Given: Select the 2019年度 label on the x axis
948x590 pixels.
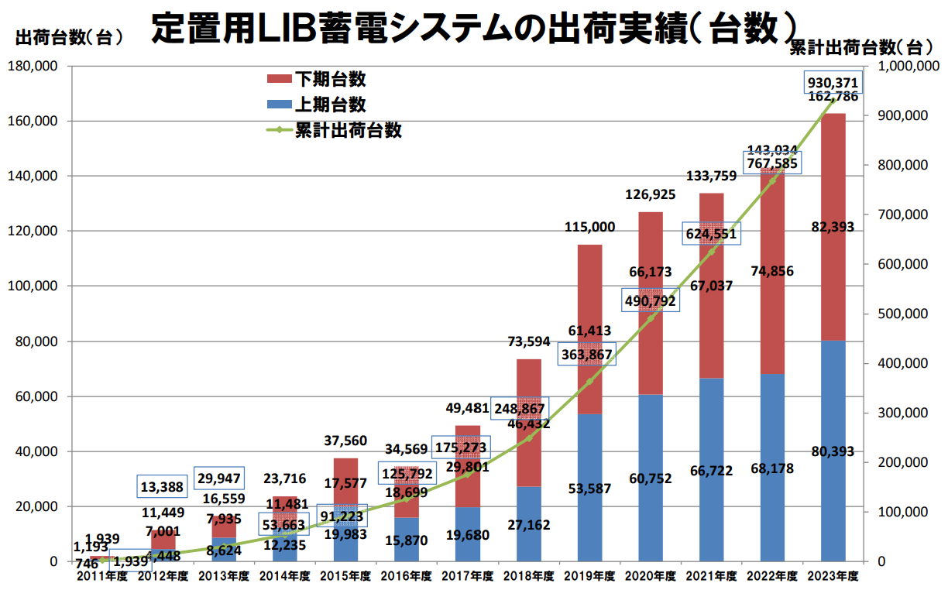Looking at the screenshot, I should [x=589, y=577].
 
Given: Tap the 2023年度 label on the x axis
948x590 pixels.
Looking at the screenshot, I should [x=833, y=577].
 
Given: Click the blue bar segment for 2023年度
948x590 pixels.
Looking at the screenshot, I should [x=833, y=480].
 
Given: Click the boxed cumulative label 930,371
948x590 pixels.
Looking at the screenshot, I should [x=833, y=83].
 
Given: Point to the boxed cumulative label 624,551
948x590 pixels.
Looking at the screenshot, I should [x=711, y=234].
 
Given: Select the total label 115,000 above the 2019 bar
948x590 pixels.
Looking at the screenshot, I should [x=589, y=227].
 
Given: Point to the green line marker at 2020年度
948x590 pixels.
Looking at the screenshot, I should [x=651, y=317].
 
